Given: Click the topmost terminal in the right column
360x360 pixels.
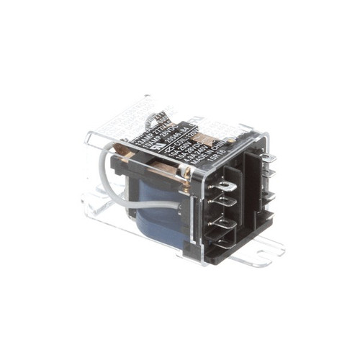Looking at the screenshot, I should (268, 158).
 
